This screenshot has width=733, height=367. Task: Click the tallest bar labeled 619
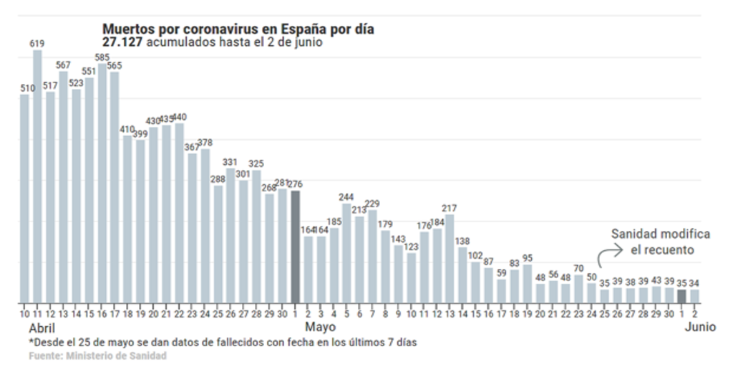[x=37, y=176]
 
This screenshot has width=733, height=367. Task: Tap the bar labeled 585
[x=102, y=183]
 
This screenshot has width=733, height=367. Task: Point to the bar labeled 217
[x=450, y=258]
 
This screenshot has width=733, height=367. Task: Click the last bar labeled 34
[x=694, y=295]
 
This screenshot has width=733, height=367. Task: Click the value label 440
[x=179, y=118]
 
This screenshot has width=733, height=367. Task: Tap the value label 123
[x=411, y=247]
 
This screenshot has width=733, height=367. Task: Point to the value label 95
[x=528, y=258]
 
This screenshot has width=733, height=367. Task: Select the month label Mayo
[x=321, y=328]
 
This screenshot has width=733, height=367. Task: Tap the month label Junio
[x=699, y=328]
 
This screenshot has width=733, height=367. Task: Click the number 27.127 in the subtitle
[x=122, y=42]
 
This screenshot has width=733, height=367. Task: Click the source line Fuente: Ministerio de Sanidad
[x=97, y=356]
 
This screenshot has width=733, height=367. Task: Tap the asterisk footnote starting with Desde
[x=223, y=342]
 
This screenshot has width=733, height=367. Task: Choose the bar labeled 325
[x=256, y=236]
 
